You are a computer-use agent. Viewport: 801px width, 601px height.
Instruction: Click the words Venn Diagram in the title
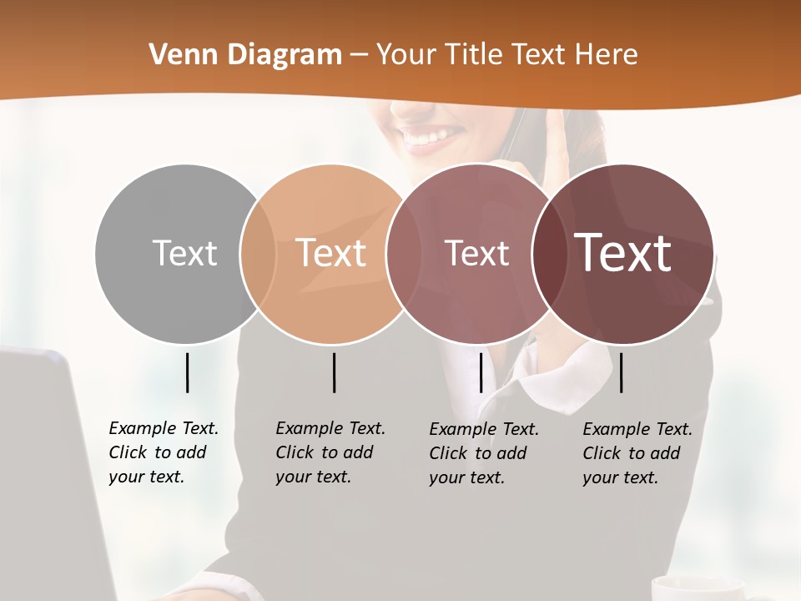tap(245, 55)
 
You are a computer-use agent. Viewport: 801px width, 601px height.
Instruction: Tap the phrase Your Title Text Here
tap(507, 55)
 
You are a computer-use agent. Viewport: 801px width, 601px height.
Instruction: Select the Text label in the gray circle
tap(184, 253)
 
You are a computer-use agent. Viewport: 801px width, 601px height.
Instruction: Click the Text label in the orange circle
tap(331, 253)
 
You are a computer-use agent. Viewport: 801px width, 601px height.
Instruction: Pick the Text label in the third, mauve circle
tap(476, 253)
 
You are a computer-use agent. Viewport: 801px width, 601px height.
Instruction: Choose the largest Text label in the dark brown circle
tap(623, 253)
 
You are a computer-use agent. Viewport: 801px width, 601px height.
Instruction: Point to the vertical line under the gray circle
tap(187, 372)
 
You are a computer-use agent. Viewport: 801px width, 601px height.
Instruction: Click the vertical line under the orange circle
tap(334, 372)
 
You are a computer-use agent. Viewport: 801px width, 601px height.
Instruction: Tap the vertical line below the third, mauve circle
tap(481, 372)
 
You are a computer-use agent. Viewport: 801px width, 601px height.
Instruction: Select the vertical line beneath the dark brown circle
tap(622, 372)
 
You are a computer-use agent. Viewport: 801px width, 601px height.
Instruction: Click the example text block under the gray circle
tap(164, 452)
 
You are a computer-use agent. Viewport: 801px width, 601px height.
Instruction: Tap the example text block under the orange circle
tap(330, 452)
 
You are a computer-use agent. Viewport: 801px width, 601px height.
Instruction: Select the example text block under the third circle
tap(484, 453)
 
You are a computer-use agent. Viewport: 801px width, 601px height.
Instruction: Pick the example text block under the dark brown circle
tap(637, 453)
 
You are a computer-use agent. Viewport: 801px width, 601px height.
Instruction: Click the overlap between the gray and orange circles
tap(258, 254)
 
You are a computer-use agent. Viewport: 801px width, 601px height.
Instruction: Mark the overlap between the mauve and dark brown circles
tap(549, 254)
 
